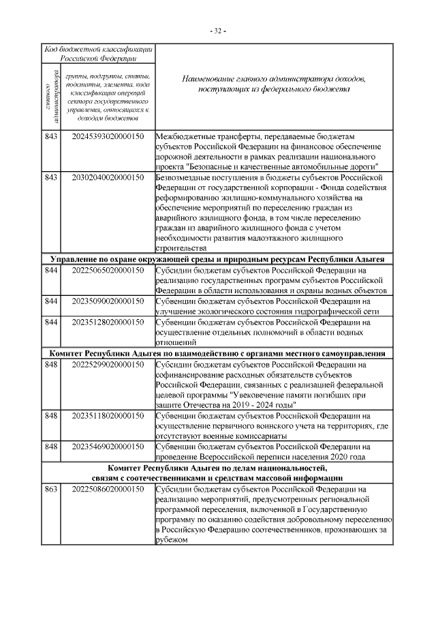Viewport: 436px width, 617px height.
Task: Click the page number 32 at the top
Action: pyautogui.click(x=218, y=31)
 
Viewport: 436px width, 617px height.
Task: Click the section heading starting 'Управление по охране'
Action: pyautogui.click(x=218, y=260)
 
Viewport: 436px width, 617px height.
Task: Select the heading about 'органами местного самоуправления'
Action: pyautogui.click(x=218, y=354)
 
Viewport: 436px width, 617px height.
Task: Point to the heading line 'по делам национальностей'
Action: pyautogui.click(x=218, y=468)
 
